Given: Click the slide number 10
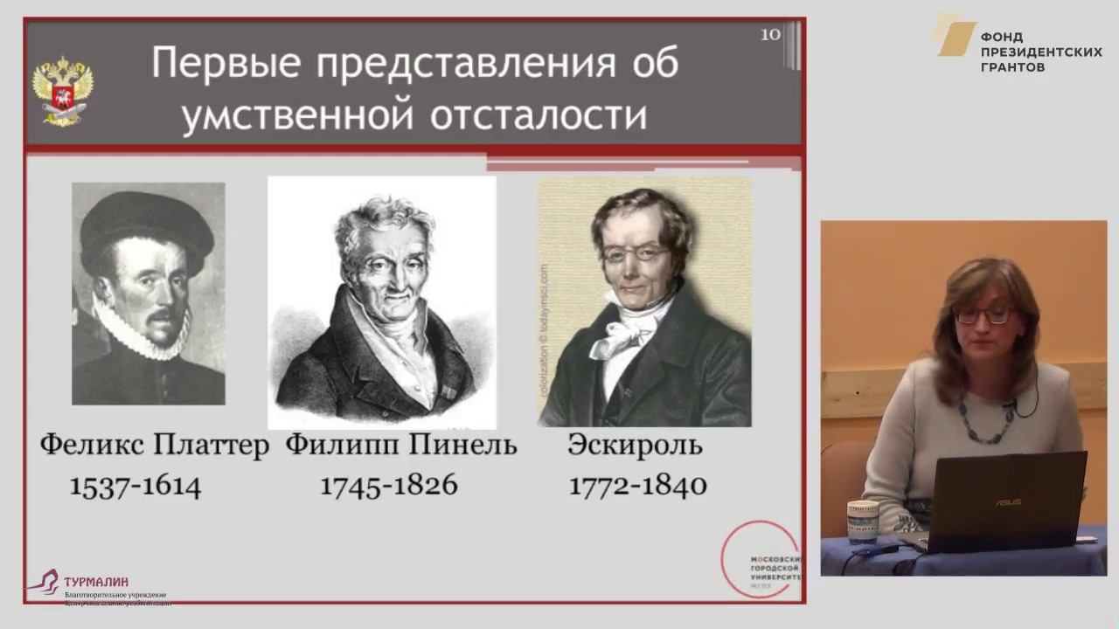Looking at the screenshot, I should [770, 35].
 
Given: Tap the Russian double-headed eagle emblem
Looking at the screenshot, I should [63, 92].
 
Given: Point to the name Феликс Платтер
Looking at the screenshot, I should [154, 446].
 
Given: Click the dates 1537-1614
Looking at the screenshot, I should [136, 486].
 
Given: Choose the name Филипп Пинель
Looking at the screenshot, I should [401, 446].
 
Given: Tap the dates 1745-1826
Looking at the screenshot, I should [388, 486].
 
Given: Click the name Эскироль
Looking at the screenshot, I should [635, 446].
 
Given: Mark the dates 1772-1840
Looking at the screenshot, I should [638, 486].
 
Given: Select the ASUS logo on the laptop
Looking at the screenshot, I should [1006, 501].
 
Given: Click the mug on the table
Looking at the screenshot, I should [863, 522].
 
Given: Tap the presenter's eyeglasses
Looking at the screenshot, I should [983, 315].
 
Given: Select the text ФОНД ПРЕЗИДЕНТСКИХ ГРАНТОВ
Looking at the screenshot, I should [1040, 52].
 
